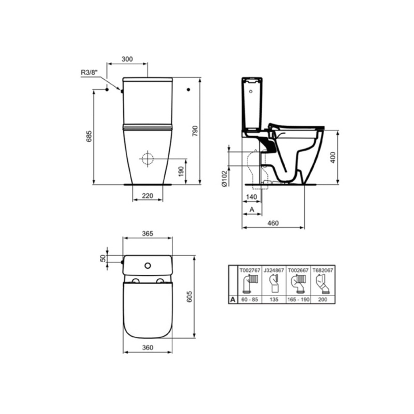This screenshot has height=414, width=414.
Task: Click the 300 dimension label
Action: tap(127, 59)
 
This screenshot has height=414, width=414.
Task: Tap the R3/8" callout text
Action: tap(89, 72)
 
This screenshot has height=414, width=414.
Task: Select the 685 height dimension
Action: tap(89, 136)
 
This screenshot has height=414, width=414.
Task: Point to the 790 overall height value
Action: tap(195, 131)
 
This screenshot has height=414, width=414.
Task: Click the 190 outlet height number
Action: tap(181, 171)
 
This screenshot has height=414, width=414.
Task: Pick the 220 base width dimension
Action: tap(148, 196)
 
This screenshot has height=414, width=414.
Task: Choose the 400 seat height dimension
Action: tap(333, 157)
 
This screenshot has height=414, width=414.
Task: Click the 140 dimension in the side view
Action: tap(252, 197)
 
